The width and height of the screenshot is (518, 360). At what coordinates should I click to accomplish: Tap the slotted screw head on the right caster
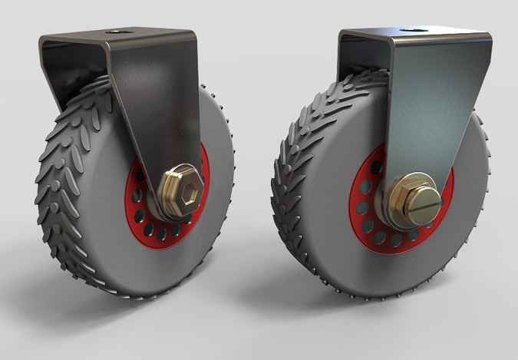tap(424, 202)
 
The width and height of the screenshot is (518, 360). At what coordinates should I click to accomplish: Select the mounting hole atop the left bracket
tap(119, 33)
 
